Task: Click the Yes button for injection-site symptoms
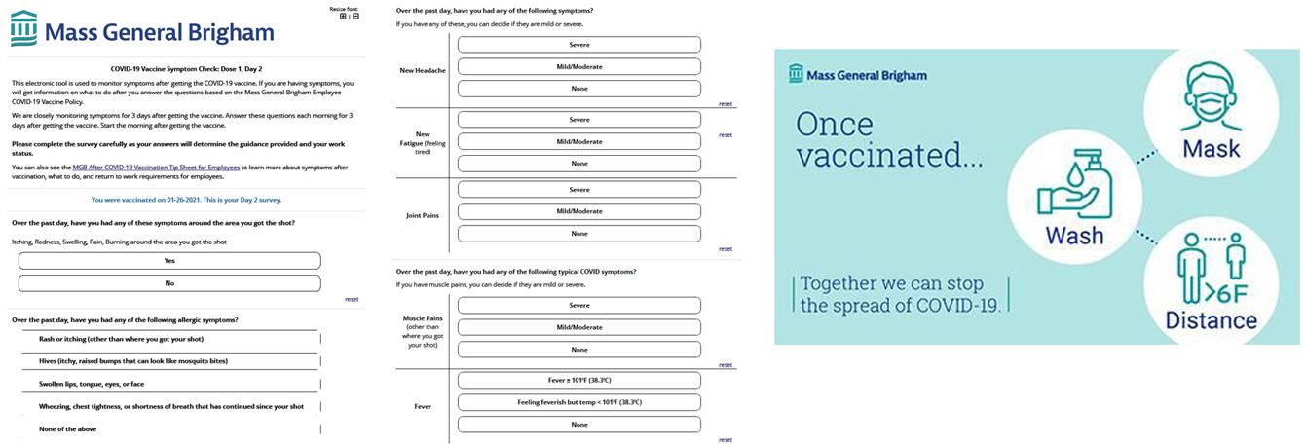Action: [169, 261]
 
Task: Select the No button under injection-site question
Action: [169, 283]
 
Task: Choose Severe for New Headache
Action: [579, 45]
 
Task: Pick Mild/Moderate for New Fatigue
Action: [579, 141]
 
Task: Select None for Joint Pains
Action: [579, 234]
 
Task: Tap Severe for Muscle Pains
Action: [579, 305]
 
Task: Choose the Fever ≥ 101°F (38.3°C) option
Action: [579, 380]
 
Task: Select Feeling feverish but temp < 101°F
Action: [579, 402]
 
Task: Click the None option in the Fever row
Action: [579, 425]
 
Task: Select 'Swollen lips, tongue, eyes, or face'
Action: [91, 384]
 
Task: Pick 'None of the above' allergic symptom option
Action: [67, 428]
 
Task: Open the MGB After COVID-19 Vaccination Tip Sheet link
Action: [156, 167]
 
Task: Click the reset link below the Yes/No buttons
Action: [352, 299]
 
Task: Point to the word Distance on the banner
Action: [1211, 320]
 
